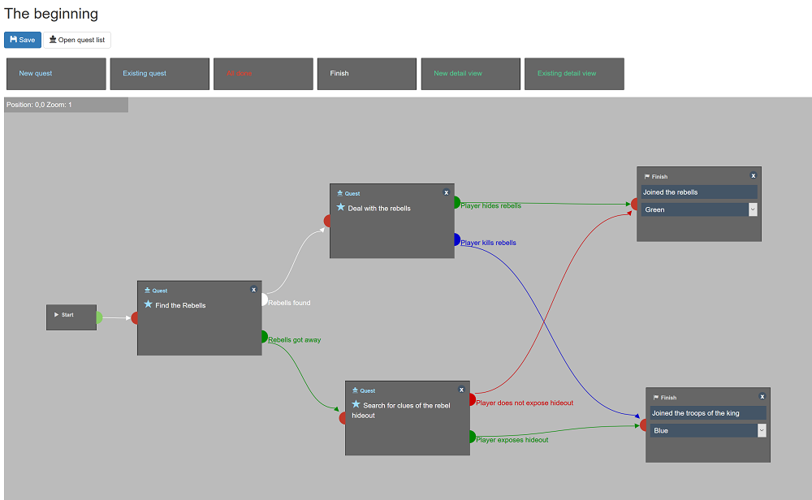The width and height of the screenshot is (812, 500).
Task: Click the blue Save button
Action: (23, 40)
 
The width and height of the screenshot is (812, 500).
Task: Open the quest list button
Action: (77, 40)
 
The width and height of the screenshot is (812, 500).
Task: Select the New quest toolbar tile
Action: (56, 74)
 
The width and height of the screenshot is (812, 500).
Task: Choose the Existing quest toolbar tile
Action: (160, 74)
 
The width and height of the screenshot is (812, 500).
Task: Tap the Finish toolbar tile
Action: (367, 74)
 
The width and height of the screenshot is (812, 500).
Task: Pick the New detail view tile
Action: (470, 74)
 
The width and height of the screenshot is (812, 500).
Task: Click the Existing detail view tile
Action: (574, 74)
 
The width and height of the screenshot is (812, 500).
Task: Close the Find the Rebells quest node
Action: (253, 290)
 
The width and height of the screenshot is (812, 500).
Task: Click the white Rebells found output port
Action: (263, 300)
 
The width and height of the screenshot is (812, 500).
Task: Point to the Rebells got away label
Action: (295, 340)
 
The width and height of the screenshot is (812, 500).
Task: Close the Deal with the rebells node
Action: (446, 192)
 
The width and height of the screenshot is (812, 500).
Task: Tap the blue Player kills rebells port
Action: (456, 239)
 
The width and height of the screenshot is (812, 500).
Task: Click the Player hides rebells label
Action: (491, 206)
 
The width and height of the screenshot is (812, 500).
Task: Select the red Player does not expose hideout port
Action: (472, 399)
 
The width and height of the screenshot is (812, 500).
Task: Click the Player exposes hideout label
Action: (512, 440)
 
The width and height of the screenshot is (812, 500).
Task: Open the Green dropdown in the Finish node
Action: (699, 209)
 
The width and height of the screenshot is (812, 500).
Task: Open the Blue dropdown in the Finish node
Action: (707, 430)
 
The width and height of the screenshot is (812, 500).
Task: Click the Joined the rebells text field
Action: (698, 192)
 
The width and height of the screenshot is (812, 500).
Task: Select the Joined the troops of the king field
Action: (706, 413)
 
